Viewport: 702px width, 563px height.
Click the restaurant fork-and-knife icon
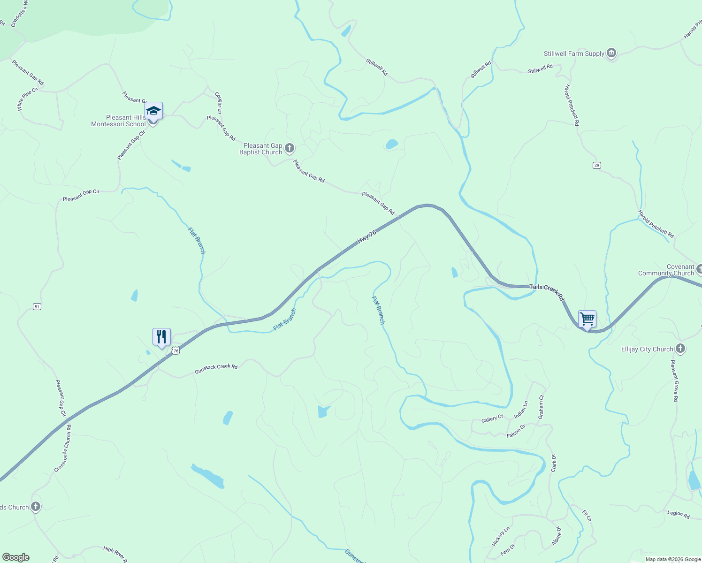[x=161, y=337]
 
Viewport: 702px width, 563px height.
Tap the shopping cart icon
[x=587, y=319]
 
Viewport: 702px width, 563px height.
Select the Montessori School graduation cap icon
[x=153, y=111]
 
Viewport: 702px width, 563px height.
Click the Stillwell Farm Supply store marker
[x=611, y=53]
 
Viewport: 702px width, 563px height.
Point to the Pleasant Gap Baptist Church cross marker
[x=290, y=149]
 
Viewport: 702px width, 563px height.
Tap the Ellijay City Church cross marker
[x=680, y=349]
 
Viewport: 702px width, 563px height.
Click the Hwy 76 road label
[x=366, y=236]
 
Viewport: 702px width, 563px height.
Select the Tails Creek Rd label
[x=547, y=292]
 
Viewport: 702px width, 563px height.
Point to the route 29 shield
[x=596, y=165]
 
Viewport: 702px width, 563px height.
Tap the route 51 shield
[x=37, y=306]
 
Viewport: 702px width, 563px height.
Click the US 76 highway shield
[x=175, y=350]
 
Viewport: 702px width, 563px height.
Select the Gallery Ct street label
[x=492, y=418]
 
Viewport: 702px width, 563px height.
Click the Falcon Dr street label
[x=516, y=431]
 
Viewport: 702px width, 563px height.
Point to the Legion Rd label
[x=679, y=514]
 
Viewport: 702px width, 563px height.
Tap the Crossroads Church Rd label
[x=63, y=448]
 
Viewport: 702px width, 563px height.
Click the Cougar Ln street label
[x=218, y=103]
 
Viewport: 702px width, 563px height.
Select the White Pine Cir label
[x=27, y=99]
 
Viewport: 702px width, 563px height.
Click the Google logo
[x=16, y=557]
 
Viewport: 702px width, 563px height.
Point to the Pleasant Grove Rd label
[x=675, y=380]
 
